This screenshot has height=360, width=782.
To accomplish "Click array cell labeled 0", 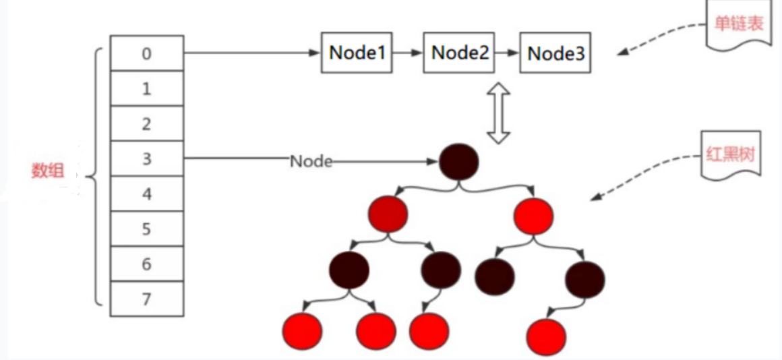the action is [147, 53].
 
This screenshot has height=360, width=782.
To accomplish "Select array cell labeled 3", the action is [147, 158].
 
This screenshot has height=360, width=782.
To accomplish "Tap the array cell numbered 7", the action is [147, 299].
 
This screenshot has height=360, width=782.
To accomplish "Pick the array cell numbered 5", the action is [147, 229].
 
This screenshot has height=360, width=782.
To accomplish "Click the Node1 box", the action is [357, 53].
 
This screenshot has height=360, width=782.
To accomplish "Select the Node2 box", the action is [459, 53].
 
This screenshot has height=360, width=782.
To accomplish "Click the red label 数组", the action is [47, 171].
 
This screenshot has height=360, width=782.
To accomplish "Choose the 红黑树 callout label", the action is [731, 154].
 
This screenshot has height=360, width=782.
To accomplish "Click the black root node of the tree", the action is [459, 161].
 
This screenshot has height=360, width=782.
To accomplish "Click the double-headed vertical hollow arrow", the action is [498, 113].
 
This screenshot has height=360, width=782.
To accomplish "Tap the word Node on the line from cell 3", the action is [311, 160].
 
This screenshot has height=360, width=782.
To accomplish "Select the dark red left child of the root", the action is [388, 214].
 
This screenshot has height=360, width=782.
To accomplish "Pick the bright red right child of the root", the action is [534, 216].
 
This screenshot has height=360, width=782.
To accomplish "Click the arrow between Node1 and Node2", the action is [407, 53].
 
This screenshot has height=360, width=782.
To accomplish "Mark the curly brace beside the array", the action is [95, 176].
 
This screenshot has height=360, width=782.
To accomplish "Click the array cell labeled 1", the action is [147, 88].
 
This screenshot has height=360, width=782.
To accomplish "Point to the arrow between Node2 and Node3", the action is [507, 53].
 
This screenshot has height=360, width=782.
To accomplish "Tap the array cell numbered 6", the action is [147, 264].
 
